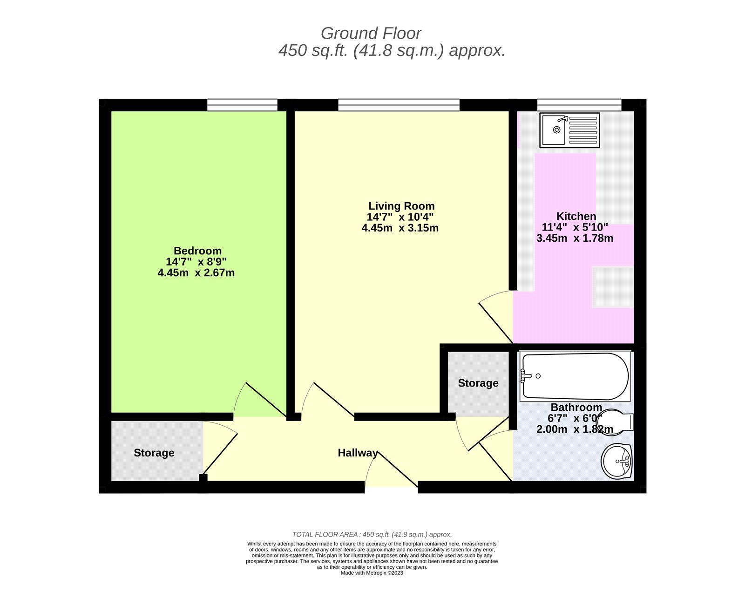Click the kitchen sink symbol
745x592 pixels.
pyautogui.click(x=569, y=130)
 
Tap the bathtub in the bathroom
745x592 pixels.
pyautogui.click(x=575, y=376)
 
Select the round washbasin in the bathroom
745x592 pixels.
pyautogui.click(x=617, y=461)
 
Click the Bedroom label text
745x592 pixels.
pyautogui.click(x=197, y=251)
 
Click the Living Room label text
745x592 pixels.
pyautogui.click(x=401, y=206)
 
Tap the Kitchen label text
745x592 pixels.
pyautogui.click(x=576, y=216)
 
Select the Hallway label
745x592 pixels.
pyautogui.click(x=358, y=453)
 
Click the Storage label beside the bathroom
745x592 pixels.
pyautogui.click(x=478, y=383)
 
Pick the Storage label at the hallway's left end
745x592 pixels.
pyautogui.click(x=154, y=453)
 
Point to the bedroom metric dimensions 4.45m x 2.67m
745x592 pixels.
pyautogui.click(x=196, y=273)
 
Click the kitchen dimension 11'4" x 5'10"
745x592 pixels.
pyautogui.click(x=575, y=227)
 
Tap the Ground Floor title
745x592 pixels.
pyautogui.click(x=371, y=34)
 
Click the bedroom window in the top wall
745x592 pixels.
pyautogui.click(x=242, y=105)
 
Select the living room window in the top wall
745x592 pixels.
pyautogui.click(x=399, y=105)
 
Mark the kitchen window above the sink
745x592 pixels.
pyautogui.click(x=579, y=105)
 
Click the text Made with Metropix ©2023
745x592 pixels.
pyautogui.click(x=372, y=573)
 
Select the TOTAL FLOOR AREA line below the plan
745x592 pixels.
pyautogui.click(x=372, y=535)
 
